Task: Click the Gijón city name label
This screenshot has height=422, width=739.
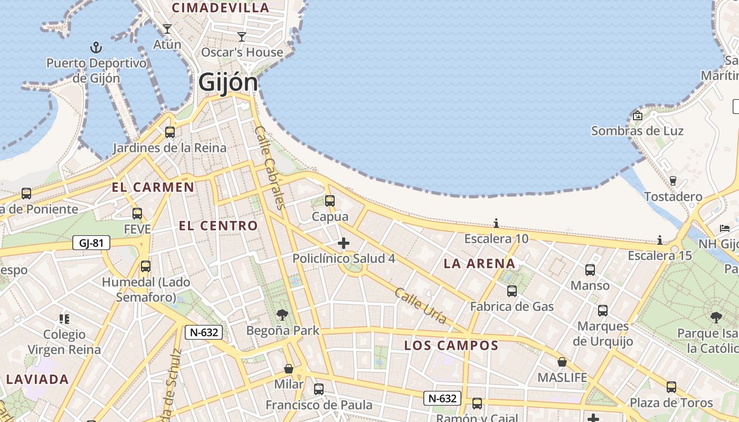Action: coord(228,83)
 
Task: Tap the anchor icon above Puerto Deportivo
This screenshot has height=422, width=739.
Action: coord(96,47)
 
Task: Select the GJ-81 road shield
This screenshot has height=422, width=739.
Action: coord(91,243)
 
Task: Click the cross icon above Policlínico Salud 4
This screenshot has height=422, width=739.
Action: coord(344,243)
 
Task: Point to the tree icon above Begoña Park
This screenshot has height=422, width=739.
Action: coord(282,315)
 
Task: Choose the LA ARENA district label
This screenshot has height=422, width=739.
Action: coord(479,264)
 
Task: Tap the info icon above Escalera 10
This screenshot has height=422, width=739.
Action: coord(496,223)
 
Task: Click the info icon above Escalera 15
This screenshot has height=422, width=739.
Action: coord(660,241)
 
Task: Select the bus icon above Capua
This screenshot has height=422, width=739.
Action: coord(330,201)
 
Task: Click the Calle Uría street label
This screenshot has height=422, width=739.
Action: coord(421,306)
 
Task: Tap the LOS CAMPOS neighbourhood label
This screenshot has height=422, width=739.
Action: coord(451,346)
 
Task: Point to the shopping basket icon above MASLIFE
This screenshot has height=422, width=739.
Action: coord(562,362)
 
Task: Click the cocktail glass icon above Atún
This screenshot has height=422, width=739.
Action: coord(167,28)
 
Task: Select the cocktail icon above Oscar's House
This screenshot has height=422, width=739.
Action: coord(242,36)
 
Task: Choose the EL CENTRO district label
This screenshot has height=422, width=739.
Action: coord(218,226)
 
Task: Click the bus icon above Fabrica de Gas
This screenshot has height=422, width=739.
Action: coord(512,291)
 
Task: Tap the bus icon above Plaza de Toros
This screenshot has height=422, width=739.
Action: coord(671,387)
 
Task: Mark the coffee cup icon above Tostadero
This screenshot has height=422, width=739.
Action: coord(673,181)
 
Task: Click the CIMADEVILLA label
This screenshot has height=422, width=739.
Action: coord(221,8)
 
